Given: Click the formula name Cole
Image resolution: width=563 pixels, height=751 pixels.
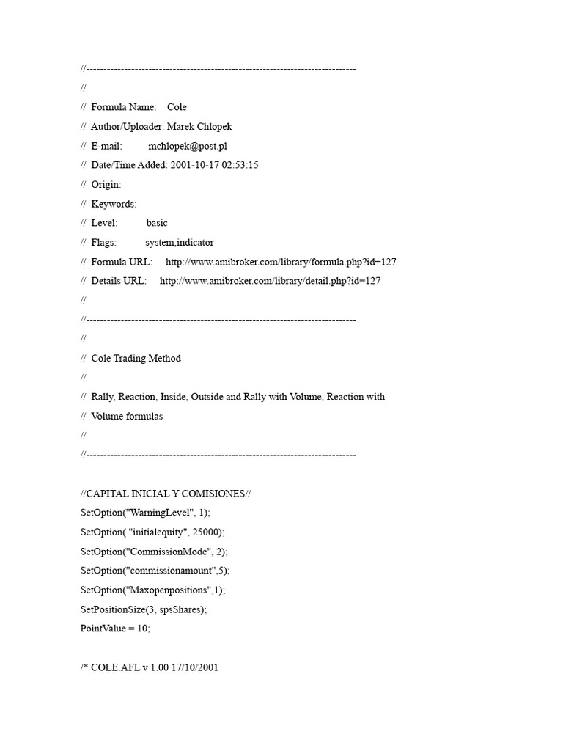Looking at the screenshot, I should coord(177,107).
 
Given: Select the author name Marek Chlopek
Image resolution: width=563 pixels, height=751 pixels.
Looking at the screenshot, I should coord(199,126).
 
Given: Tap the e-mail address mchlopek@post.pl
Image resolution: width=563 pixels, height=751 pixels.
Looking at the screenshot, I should coord(188,146).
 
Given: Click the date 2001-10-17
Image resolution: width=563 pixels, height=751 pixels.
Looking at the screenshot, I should coord(192,165).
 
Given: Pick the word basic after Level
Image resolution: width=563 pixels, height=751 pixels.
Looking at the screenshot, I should coord(157,223).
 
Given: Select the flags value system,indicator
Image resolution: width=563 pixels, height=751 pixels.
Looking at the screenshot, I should coord(180,242).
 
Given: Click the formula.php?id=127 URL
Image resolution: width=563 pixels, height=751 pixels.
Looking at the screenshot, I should coord(281,262).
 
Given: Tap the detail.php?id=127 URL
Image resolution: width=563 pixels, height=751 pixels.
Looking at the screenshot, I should coord(270,281).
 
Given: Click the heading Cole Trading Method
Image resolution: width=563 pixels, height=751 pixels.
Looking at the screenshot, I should coord(136,359).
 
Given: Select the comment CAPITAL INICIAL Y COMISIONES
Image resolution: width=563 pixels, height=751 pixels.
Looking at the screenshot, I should coord(166,494).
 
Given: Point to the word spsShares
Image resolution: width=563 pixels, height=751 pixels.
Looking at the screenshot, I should coord(180,609).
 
